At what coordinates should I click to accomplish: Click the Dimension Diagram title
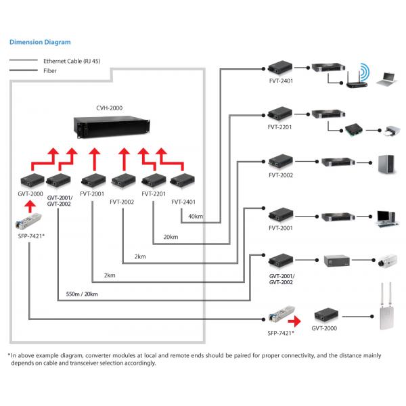39,42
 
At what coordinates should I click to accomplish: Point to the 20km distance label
171,237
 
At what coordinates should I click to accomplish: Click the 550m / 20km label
82,294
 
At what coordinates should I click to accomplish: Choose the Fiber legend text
50,70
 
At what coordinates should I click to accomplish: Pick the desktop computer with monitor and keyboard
387,216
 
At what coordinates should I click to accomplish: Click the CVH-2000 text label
109,107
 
